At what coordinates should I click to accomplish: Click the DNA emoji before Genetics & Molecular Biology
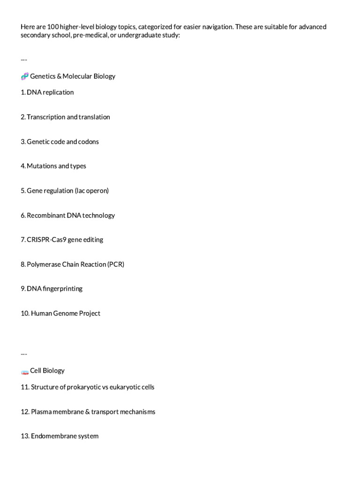(x=25, y=76)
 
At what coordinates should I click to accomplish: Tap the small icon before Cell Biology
(x=25, y=371)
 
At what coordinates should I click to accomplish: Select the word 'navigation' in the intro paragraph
(x=213, y=27)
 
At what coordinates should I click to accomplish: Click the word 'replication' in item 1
(x=58, y=92)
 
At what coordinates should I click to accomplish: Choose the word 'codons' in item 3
(x=89, y=142)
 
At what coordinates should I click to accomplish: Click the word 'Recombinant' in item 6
(x=45, y=215)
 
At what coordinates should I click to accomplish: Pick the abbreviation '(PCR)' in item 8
(x=115, y=264)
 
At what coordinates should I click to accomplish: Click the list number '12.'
(x=25, y=412)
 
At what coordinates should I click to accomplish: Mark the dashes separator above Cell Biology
(x=24, y=353)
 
